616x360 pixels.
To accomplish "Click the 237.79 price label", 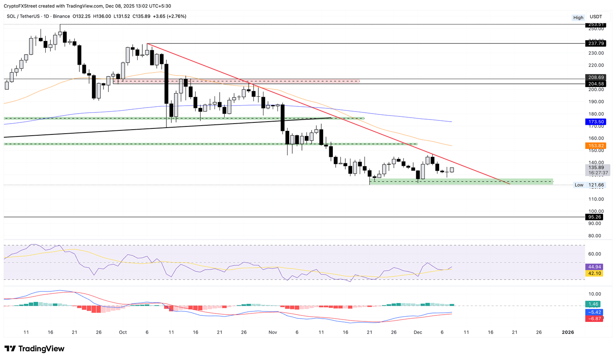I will pyautogui.click(x=596, y=43).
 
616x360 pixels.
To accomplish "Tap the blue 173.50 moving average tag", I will pyautogui.click(x=596, y=122).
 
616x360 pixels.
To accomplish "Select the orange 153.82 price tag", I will pyautogui.click(x=596, y=146).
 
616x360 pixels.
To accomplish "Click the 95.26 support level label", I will pyautogui.click(x=594, y=217).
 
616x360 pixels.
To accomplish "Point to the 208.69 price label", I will pyautogui.click(x=596, y=77).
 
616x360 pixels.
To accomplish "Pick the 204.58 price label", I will pyautogui.click(x=596, y=84).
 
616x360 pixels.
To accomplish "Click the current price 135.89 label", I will pyautogui.click(x=596, y=167).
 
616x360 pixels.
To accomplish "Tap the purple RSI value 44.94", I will pyautogui.click(x=594, y=267).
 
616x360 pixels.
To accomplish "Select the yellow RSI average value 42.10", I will pyautogui.click(x=594, y=273).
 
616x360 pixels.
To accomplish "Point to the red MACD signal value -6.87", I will pyautogui.click(x=594, y=319).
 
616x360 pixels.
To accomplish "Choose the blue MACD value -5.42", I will pyautogui.click(x=594, y=312).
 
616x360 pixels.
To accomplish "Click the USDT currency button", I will pyautogui.click(x=596, y=17).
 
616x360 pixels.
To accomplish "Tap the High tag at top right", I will pyautogui.click(x=578, y=18).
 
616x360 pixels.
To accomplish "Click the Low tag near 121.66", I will pyautogui.click(x=579, y=185).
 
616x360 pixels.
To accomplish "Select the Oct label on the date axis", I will pyautogui.click(x=123, y=332).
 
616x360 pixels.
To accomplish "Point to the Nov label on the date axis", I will pyautogui.click(x=273, y=332).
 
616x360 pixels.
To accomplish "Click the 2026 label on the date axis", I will pyautogui.click(x=568, y=332).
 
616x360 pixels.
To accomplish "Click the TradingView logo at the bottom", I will pyautogui.click(x=34, y=349).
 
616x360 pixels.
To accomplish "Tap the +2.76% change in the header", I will pyautogui.click(x=177, y=16).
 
